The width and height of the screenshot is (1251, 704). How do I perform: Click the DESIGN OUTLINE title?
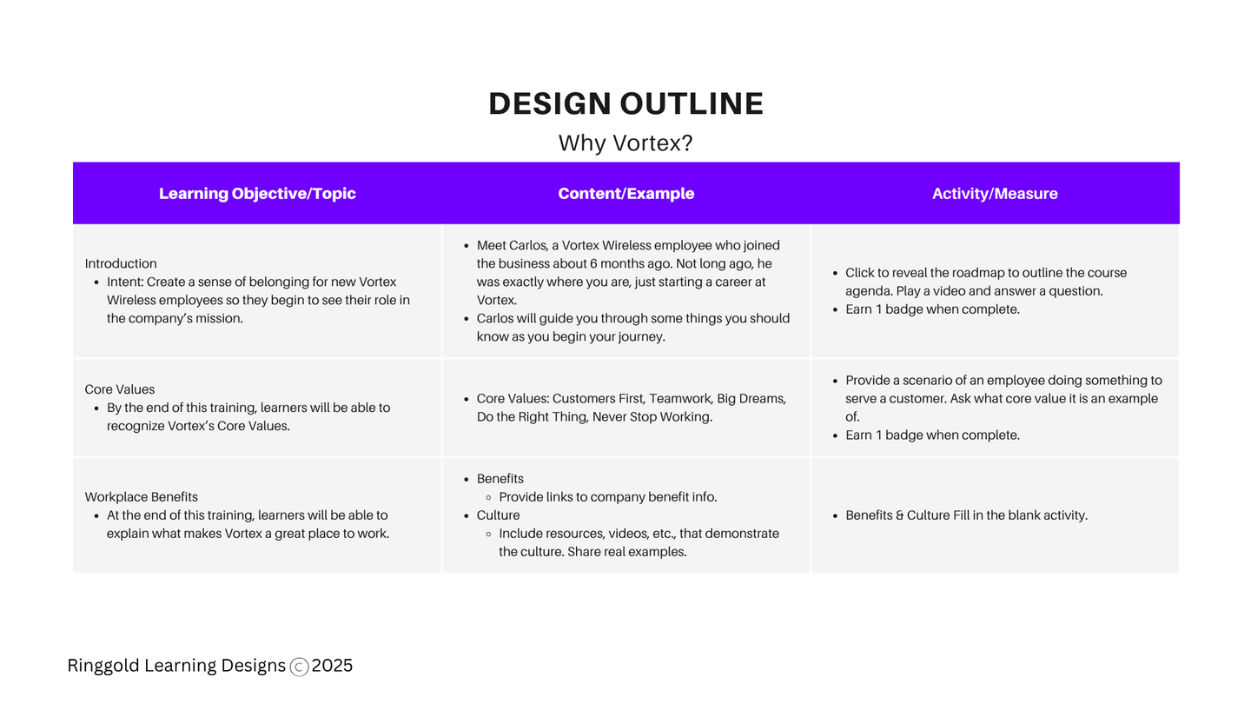point(626,103)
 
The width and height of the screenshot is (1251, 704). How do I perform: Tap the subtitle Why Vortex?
point(625,143)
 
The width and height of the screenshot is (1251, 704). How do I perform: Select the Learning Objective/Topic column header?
point(257,193)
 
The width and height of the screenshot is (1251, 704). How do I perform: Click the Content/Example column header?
point(626,193)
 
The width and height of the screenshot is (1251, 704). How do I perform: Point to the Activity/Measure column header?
point(995,193)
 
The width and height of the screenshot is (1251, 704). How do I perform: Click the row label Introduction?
point(121,263)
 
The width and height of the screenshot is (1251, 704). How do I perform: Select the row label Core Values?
point(120,389)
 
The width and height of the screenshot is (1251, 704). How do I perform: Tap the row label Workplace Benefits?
point(142,497)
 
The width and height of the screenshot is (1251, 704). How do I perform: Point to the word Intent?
point(125,282)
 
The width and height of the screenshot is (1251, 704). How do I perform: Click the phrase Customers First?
point(599,398)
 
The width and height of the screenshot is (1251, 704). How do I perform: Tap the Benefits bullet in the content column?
point(500,479)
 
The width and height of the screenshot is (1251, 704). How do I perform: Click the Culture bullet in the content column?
point(498,515)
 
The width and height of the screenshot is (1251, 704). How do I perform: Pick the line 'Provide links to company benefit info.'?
point(607,497)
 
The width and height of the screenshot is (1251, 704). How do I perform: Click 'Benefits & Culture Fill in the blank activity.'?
point(966,515)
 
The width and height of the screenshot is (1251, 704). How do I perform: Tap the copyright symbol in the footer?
point(300,667)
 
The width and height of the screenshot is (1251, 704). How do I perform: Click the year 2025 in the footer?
point(332,666)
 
